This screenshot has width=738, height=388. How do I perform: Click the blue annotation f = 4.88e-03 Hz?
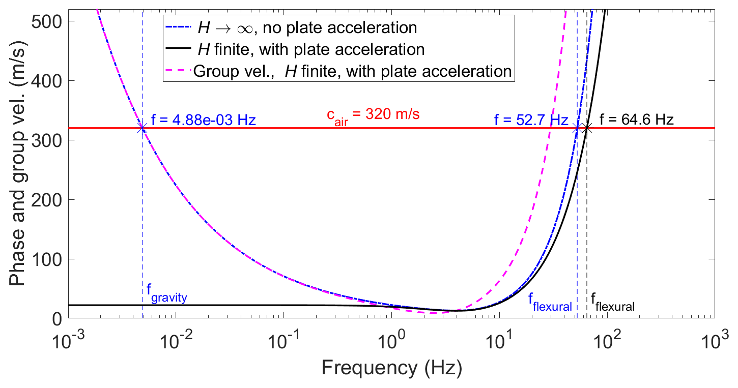coord(204,121)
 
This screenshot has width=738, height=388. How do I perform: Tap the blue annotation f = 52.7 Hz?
coord(530,121)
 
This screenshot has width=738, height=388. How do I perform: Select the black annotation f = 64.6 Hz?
coord(636,121)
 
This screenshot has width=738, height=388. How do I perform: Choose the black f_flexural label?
coord(613,303)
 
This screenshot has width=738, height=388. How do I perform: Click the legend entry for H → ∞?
coord(305,27)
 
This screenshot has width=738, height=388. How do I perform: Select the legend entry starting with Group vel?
coord(352,71)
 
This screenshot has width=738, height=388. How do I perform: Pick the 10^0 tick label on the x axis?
coord(391,337)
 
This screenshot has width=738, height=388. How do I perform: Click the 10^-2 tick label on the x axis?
coord(175,337)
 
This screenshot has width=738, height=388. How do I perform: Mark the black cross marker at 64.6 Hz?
coord(587,128)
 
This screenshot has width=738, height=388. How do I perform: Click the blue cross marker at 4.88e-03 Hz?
coord(143,128)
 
